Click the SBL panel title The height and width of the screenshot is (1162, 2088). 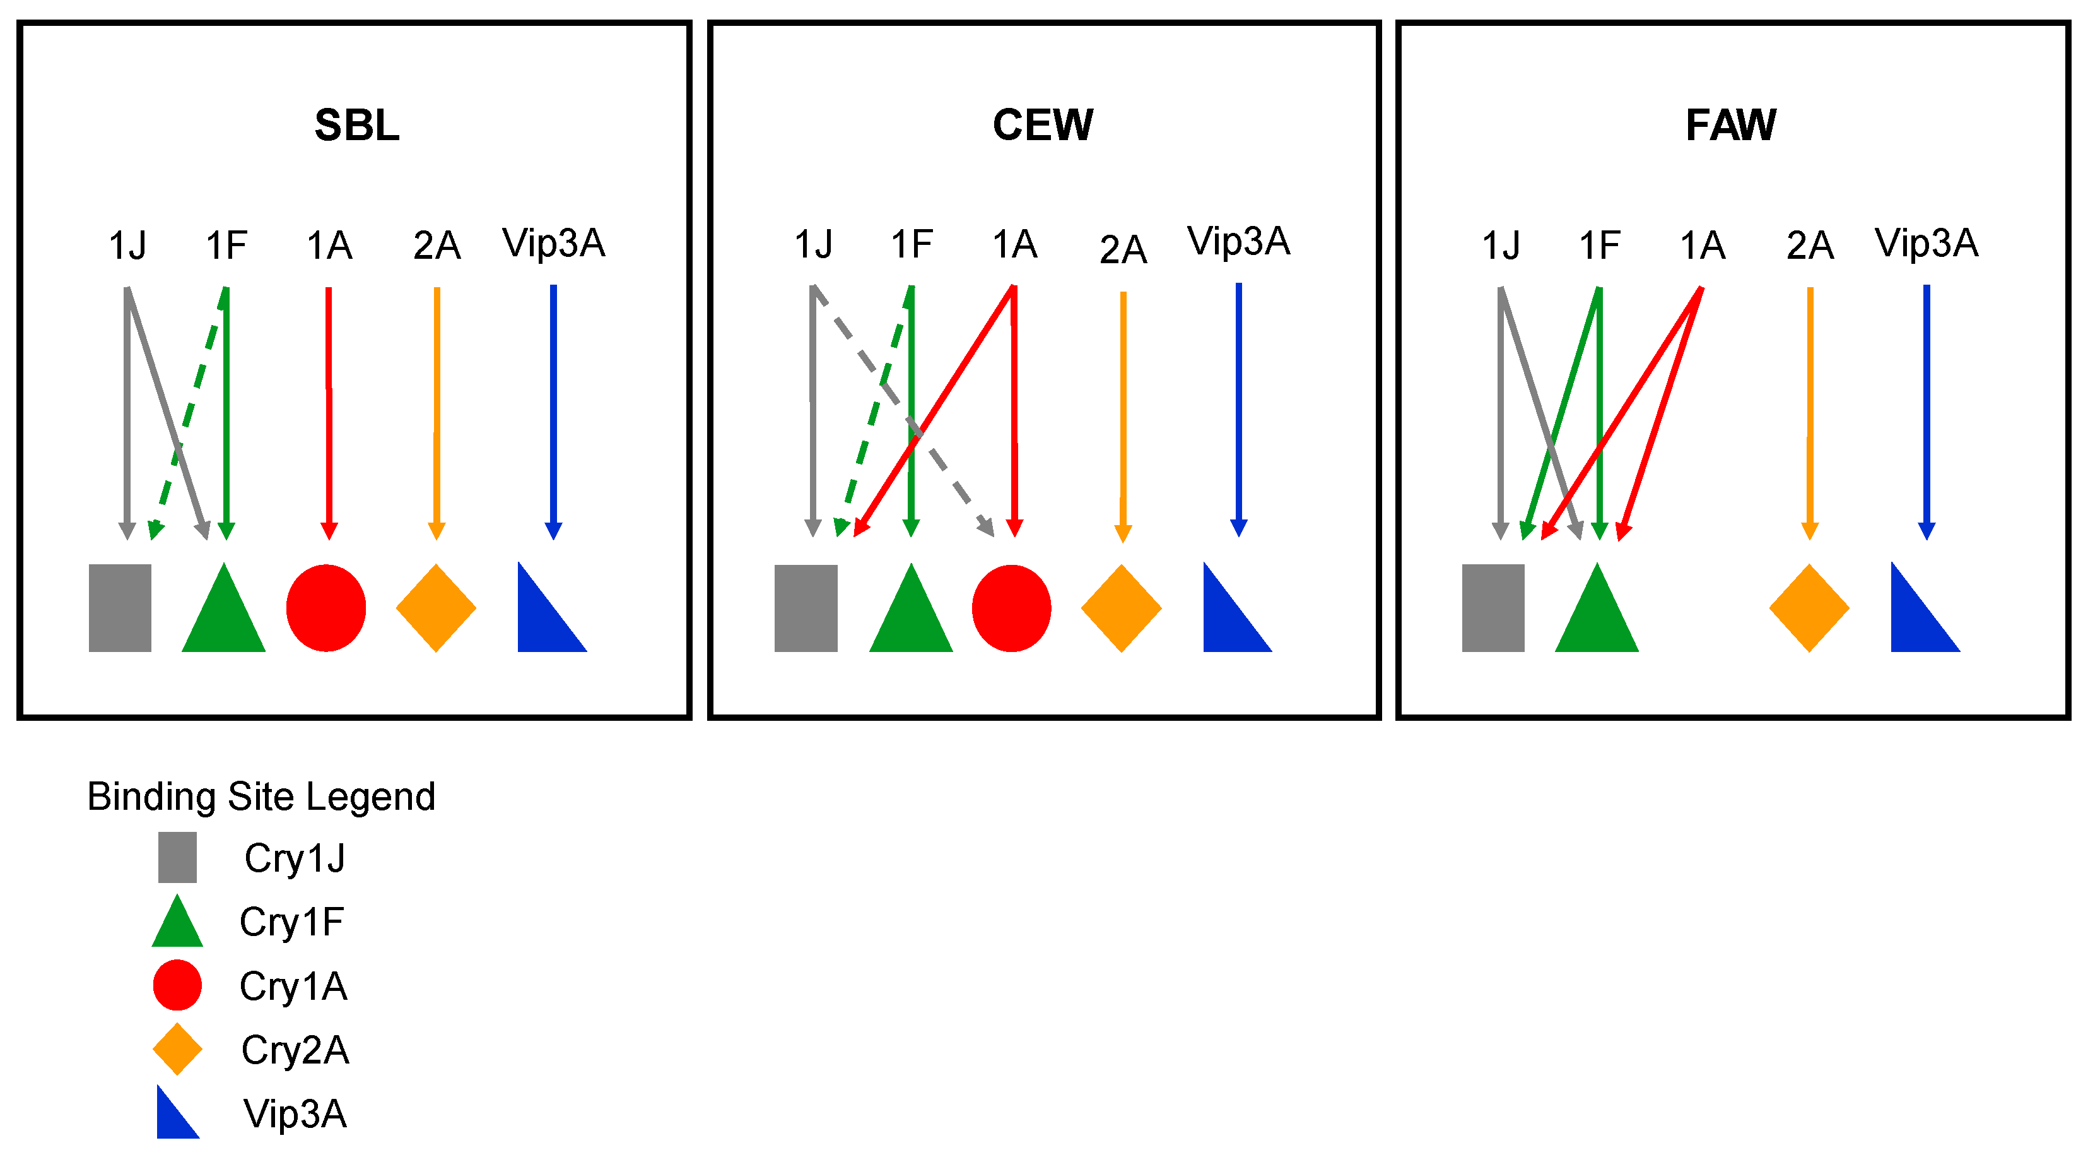[356, 126]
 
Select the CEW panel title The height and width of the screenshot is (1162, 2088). [1043, 126]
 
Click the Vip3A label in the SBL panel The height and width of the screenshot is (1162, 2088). [554, 243]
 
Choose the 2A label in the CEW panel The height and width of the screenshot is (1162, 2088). [1123, 249]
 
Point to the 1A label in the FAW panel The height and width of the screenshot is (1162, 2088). [1702, 245]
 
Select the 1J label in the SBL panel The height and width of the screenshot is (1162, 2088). [127, 245]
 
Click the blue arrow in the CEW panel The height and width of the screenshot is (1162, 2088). [1238, 405]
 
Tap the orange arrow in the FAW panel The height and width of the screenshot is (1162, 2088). [1810, 405]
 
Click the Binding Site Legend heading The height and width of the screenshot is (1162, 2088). [261, 797]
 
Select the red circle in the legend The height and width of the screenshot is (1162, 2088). [177, 985]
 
